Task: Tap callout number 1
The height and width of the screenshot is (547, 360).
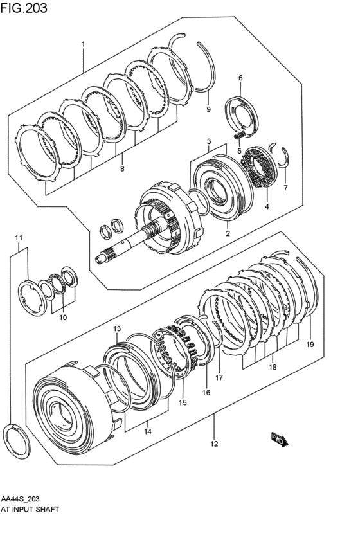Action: [83, 44]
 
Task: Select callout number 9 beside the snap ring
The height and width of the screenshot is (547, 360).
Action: [208, 110]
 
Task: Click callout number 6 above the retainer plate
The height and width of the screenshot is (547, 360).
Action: [240, 78]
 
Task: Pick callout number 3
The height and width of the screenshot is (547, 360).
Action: [209, 141]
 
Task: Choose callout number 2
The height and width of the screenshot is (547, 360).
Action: [228, 233]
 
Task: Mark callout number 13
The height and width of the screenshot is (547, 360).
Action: [117, 328]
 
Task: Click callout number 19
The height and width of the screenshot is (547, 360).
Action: [310, 345]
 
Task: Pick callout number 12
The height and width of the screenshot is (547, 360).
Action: [214, 443]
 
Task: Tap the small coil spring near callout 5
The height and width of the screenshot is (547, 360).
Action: [239, 136]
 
